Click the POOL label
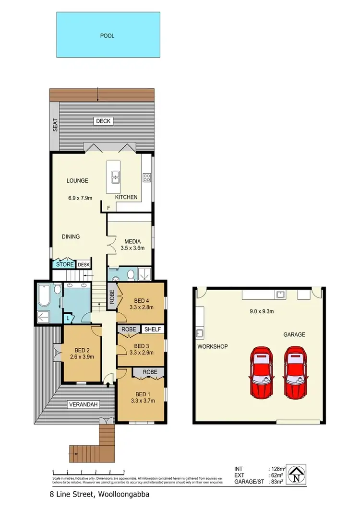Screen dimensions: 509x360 108,36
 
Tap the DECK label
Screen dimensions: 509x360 103,121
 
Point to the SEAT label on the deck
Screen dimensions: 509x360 55,125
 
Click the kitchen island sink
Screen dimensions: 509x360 116,178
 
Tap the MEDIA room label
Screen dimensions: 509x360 132,241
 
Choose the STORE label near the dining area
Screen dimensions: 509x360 65,264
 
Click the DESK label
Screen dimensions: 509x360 84,264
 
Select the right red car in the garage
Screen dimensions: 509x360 295,372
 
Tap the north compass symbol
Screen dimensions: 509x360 299,473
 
